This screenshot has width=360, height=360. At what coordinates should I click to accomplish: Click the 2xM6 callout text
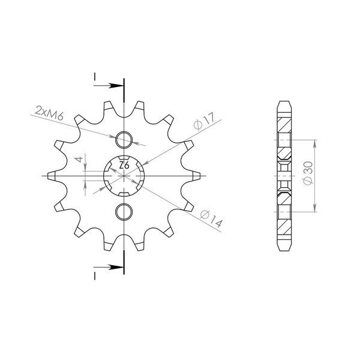[49, 113]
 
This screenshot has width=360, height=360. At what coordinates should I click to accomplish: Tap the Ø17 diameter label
[203, 121]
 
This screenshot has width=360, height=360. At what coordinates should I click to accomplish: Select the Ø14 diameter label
[211, 218]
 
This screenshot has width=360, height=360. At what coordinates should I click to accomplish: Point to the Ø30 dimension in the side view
[308, 173]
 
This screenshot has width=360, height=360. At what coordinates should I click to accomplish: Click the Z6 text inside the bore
[124, 166]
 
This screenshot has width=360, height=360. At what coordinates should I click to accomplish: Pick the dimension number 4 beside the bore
[79, 160]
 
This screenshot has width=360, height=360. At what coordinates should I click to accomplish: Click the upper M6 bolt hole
[124, 140]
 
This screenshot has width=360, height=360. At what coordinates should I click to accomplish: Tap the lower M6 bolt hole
[124, 212]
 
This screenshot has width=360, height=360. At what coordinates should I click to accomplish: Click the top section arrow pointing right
[109, 86]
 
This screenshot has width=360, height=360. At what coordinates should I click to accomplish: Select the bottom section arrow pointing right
[109, 267]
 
